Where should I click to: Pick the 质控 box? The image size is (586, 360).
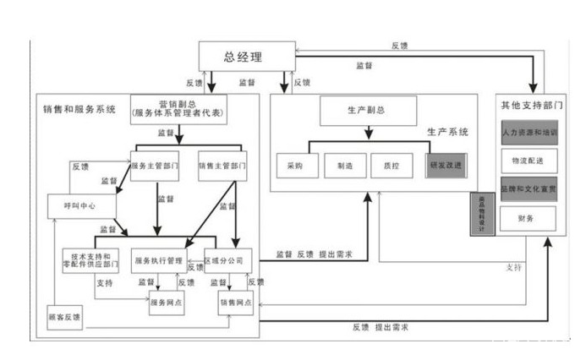pyautogui.click(x=392, y=166)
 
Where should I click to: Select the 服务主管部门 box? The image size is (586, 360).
pyautogui.click(x=156, y=165)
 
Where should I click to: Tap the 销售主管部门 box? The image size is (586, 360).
pyautogui.click(x=222, y=165)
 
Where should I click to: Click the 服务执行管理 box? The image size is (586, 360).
pyautogui.click(x=158, y=261)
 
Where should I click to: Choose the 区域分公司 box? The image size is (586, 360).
pyautogui.click(x=228, y=260)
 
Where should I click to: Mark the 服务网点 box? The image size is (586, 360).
pyautogui.click(x=167, y=303)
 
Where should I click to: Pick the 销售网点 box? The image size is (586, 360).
pyautogui.click(x=237, y=303)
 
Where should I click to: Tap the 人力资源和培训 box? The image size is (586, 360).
pyautogui.click(x=528, y=134)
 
